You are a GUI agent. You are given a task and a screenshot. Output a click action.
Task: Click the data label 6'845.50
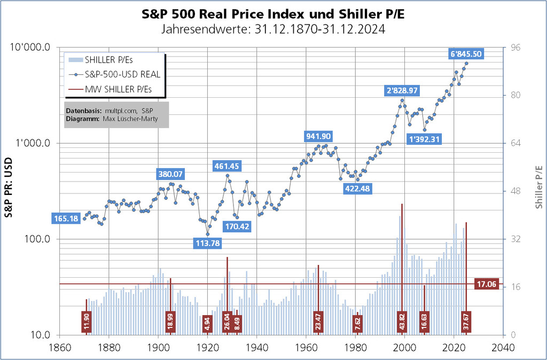[x=467, y=53]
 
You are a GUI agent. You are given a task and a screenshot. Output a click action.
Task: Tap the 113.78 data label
[x=208, y=243]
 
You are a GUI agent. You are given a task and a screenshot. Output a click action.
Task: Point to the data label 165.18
[x=66, y=218]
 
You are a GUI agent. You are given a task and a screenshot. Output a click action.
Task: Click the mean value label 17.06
[x=486, y=284]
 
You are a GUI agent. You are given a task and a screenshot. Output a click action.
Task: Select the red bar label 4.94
[x=208, y=323]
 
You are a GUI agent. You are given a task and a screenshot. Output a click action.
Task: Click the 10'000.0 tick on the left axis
[x=31, y=48]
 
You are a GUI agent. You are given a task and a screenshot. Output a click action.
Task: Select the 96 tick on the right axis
[x=515, y=48]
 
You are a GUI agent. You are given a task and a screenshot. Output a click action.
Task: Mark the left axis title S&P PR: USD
[x=9, y=191]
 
